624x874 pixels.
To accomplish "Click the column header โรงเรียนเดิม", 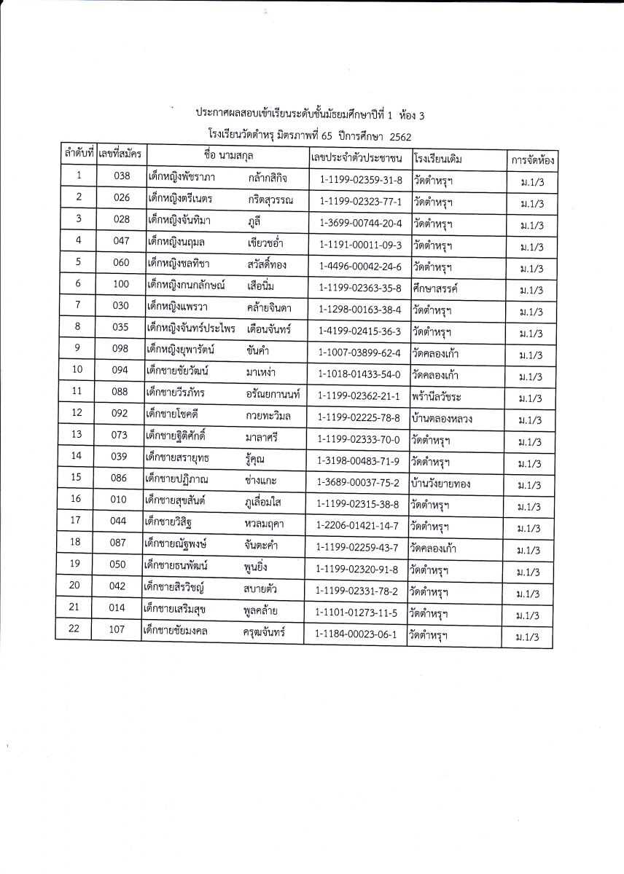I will (438, 158).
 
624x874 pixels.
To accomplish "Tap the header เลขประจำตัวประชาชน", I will (356, 157).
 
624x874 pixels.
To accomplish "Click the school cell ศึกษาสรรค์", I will (434, 289).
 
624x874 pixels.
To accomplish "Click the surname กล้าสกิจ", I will (268, 178).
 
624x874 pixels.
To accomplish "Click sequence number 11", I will (77, 390).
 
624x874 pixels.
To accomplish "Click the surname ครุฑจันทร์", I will (263, 632).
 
